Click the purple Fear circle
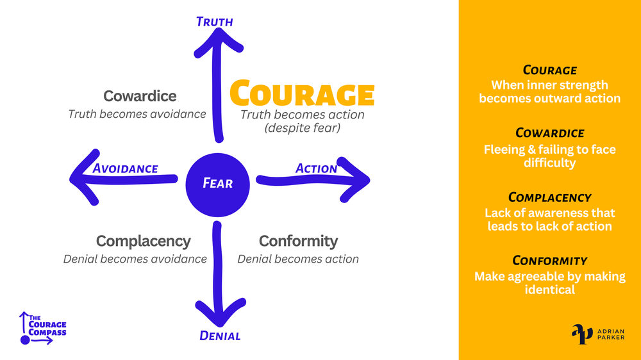pyautogui.click(x=217, y=183)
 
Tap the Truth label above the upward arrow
pyautogui.click(x=214, y=22)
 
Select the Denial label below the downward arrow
pyautogui.click(x=220, y=336)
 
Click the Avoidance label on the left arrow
pyautogui.click(x=125, y=169)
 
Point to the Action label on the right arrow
pyautogui.click(x=316, y=168)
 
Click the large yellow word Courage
pyautogui.click(x=301, y=94)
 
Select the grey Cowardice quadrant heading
pyautogui.click(x=140, y=96)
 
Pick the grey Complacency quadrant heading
pyautogui.click(x=143, y=241)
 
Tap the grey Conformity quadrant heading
pyautogui.click(x=298, y=241)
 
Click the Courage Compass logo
pyautogui.click(x=43, y=328)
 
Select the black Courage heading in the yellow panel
pyautogui.click(x=549, y=70)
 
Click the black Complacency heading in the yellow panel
pyautogui.click(x=549, y=197)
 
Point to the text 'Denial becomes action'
pyautogui.click(x=298, y=259)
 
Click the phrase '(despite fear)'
pyautogui.click(x=302, y=128)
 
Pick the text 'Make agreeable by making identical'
pyautogui.click(x=549, y=283)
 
